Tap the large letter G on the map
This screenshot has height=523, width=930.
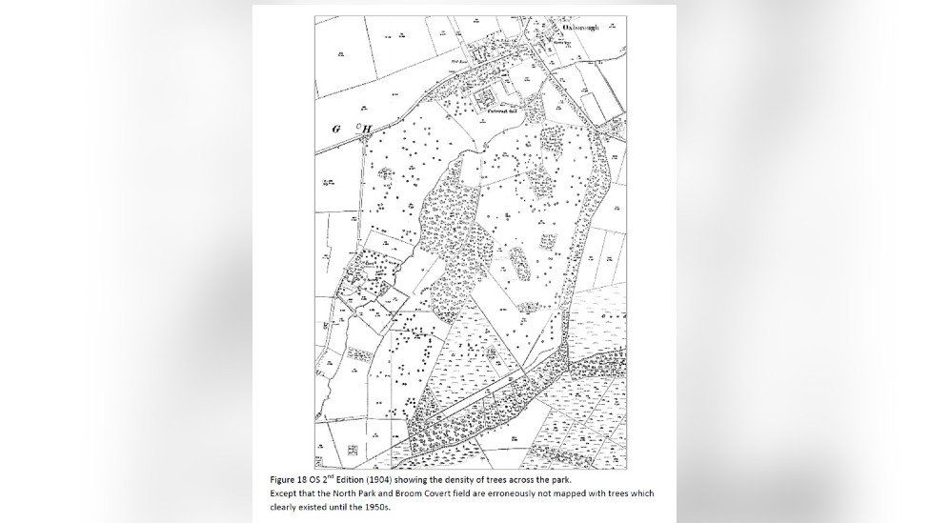click(336, 128)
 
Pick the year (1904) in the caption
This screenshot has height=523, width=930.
click(374, 479)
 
